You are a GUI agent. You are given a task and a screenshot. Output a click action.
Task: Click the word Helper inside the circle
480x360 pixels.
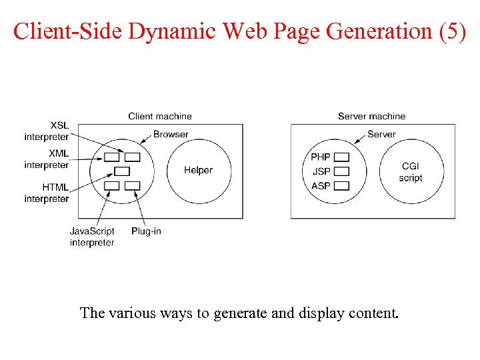[x=198, y=170]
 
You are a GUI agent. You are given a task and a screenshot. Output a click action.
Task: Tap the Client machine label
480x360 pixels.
[x=160, y=116]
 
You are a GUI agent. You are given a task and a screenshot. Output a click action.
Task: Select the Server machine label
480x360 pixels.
[x=371, y=116]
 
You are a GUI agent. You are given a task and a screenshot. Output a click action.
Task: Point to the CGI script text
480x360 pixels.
[x=411, y=172]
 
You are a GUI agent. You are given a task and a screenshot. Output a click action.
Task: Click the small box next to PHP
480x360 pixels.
[x=341, y=157]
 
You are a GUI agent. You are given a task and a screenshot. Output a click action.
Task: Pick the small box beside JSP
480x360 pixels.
[x=341, y=171]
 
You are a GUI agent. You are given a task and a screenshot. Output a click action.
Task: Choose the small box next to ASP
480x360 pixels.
[x=341, y=185]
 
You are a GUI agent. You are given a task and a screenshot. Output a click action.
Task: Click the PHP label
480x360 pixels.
[x=321, y=157]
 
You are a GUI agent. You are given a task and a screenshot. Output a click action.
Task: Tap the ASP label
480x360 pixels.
[x=321, y=185]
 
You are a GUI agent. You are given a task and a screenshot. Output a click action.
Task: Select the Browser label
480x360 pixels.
[x=171, y=134]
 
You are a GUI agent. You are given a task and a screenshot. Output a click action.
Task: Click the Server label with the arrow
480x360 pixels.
[x=381, y=134]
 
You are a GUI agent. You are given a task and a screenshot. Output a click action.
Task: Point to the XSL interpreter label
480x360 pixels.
[x=47, y=131]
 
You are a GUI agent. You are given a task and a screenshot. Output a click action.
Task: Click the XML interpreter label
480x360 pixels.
[x=47, y=159]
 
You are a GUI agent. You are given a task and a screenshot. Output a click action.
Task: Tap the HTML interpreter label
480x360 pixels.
[x=47, y=193]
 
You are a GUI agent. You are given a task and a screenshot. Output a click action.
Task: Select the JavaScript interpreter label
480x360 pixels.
[x=92, y=237]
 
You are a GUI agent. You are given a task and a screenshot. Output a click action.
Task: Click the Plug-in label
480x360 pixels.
[x=146, y=231]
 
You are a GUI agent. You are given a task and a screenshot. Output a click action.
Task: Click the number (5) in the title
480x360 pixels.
[x=453, y=31]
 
